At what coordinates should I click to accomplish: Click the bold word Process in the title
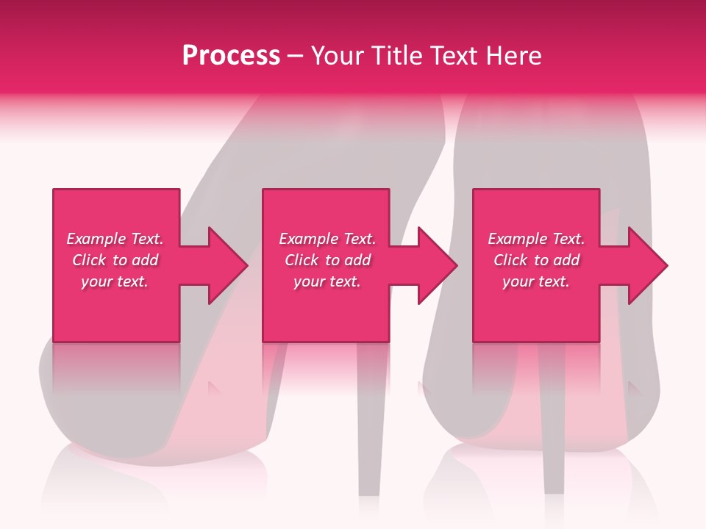pos(231,56)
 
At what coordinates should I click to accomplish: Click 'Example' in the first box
pos(96,239)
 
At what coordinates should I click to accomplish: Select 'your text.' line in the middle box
pos(327,281)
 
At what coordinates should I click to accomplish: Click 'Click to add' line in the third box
pos(536,260)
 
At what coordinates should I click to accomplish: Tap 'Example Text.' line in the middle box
pos(327,239)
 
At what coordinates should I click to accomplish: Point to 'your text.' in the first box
pos(115,281)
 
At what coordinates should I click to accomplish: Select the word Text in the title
pos(454,56)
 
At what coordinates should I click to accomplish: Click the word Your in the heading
pos(337,56)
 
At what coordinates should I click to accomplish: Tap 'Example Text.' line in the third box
pos(536,239)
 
